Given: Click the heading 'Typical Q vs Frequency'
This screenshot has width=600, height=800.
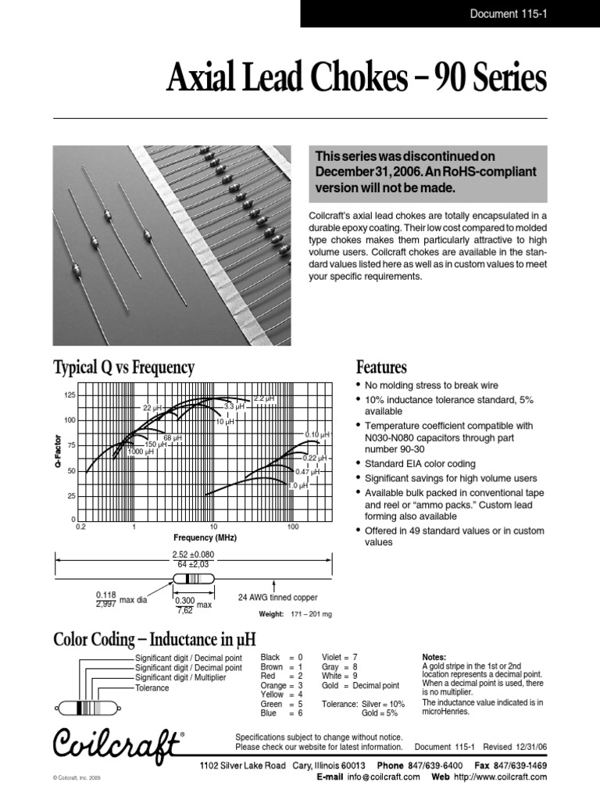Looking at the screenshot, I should [x=123, y=367].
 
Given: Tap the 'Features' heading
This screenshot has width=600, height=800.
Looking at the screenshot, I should [x=381, y=367].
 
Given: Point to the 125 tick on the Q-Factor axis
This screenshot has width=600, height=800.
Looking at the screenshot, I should [x=70, y=396].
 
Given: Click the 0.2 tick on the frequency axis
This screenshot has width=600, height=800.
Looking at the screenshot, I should [x=79, y=528].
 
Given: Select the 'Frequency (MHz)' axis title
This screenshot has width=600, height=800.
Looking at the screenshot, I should [x=205, y=538].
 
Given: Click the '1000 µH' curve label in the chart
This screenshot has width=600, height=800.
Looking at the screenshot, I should [x=141, y=452].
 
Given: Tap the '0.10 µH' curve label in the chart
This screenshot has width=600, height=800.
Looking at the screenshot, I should [x=316, y=434].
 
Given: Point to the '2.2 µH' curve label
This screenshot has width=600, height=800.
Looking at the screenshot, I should [x=265, y=398].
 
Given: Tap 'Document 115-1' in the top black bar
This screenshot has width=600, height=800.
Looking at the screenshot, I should [x=508, y=12].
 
